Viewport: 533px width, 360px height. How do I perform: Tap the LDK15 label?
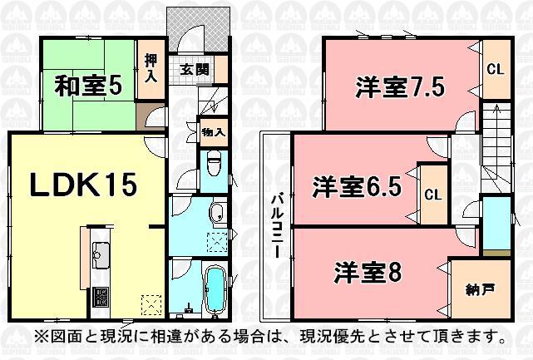(83, 185)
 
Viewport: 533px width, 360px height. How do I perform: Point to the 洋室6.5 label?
(357, 187)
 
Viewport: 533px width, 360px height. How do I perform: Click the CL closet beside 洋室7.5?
(494, 69)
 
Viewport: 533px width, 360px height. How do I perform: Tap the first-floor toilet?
(213, 165)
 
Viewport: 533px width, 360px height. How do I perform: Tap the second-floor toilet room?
(496, 224)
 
